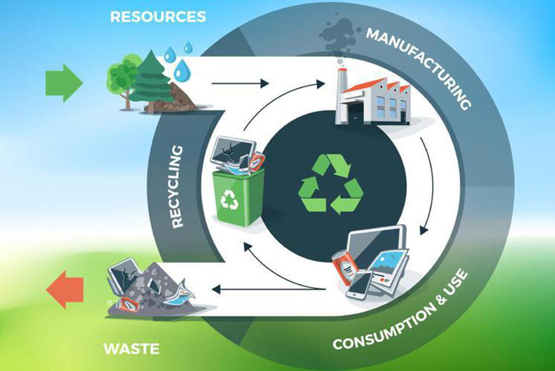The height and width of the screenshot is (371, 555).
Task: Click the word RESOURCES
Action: (x=158, y=17)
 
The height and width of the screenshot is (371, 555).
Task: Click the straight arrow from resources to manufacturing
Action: (x=239, y=83)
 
